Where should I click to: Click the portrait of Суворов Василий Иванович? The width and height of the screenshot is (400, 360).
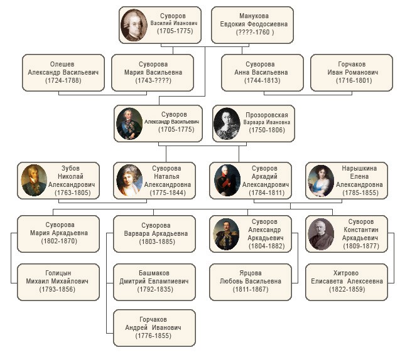coord(134,24)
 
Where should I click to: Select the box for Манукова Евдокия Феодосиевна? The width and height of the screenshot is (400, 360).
coord(252,24)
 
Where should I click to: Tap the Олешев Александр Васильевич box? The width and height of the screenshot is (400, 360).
coord(60,72)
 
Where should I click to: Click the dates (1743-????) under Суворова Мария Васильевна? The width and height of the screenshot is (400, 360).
coord(153,81)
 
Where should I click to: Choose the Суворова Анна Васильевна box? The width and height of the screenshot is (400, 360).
coord(260,72)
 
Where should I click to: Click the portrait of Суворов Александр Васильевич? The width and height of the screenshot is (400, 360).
coord(129,123)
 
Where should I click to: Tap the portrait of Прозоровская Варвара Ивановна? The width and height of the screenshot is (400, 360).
coord(227,123)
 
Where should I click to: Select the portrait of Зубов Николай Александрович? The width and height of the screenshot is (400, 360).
coord(34,181)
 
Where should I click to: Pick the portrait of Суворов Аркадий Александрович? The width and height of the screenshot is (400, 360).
coord(225,181)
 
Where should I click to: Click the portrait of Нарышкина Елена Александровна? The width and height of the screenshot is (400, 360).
coord(320,181)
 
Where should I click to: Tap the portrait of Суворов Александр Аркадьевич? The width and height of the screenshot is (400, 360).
coord(225,234)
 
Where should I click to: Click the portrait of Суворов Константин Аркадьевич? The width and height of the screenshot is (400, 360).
coord(321,234)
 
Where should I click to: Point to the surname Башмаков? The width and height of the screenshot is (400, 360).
coord(154,273)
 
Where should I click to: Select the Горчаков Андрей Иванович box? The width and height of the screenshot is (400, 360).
coord(153,328)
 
